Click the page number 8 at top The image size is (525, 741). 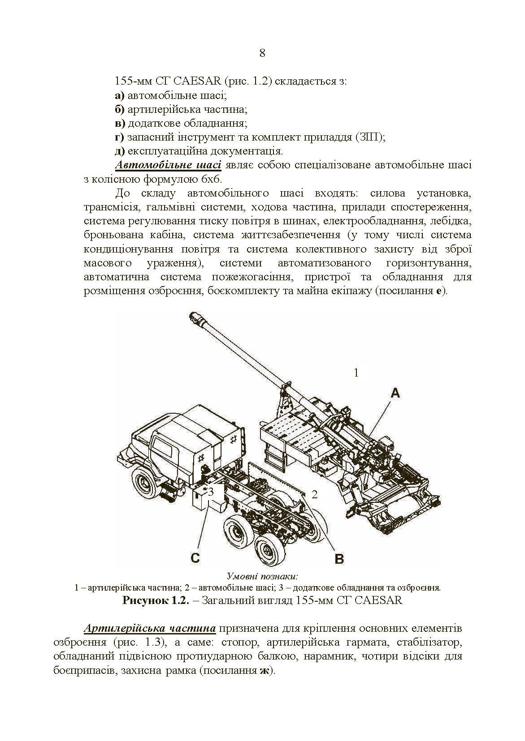[262, 53]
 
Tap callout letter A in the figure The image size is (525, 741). [395, 393]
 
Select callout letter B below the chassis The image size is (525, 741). [340, 559]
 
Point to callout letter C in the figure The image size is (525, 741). [195, 558]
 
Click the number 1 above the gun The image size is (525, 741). [356, 373]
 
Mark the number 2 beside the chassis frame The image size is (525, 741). [315, 494]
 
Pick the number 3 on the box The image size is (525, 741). [210, 491]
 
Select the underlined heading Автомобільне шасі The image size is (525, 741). [168, 165]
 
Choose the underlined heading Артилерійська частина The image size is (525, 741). [150, 628]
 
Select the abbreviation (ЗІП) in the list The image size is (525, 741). [370, 137]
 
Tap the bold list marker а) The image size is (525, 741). [120, 96]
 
